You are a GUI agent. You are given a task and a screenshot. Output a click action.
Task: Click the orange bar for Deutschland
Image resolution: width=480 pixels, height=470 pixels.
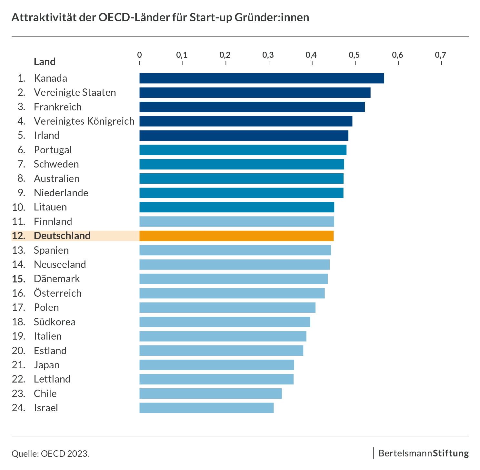[236, 236]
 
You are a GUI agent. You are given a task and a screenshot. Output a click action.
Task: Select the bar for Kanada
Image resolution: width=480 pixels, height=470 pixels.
[262, 78]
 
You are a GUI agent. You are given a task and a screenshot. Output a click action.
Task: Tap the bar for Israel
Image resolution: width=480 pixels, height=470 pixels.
[206, 408]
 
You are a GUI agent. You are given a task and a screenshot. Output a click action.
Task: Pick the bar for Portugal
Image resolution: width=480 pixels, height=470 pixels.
[243, 150]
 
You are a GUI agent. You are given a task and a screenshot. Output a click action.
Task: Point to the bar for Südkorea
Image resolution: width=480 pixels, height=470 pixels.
[225, 322]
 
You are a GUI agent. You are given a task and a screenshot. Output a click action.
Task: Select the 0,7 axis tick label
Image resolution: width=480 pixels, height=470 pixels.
[440, 55]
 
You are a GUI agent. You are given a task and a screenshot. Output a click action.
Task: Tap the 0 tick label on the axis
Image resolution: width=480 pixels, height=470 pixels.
[139, 55]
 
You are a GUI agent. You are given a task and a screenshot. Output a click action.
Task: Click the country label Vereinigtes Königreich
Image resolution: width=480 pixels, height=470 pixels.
[84, 121]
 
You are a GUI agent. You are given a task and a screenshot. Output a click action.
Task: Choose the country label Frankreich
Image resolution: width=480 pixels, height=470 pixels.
[58, 107]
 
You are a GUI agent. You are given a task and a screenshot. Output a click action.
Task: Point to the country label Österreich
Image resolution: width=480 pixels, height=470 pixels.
[58, 293]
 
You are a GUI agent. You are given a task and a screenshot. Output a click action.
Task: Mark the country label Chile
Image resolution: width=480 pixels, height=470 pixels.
[45, 393]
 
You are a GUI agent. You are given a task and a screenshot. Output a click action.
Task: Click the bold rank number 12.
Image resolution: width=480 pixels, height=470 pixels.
[19, 236]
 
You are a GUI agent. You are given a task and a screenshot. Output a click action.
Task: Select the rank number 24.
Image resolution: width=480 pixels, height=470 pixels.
[19, 408]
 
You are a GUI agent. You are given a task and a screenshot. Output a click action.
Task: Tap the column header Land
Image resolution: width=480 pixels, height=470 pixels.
[45, 62]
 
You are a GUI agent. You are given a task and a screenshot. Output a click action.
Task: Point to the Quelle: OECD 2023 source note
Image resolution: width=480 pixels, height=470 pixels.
[50, 454]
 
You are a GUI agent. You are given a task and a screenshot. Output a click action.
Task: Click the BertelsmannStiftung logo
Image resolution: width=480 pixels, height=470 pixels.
[423, 453]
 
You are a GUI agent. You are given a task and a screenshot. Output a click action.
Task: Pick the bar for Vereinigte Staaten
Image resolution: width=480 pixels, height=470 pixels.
[255, 93]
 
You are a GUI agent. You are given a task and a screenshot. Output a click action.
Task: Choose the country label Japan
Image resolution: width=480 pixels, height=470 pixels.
[47, 365]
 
